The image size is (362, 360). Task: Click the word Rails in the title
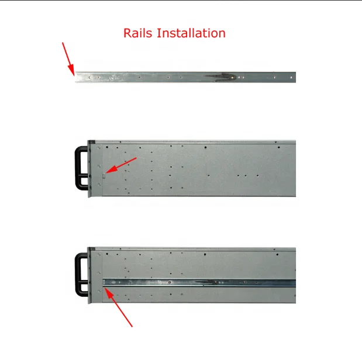point(138,33)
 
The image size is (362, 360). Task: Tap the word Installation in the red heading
point(191,33)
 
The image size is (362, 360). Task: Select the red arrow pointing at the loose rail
point(68,58)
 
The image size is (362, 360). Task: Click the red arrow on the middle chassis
point(120,165)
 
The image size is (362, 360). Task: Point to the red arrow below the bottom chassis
point(119,307)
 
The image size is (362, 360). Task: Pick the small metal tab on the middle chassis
point(104,176)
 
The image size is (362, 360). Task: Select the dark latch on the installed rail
point(206,282)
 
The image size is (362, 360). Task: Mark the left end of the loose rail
point(75,77)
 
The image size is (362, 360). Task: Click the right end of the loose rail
point(295,77)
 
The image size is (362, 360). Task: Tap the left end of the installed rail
point(104,282)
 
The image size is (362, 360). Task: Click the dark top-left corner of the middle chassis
point(91,142)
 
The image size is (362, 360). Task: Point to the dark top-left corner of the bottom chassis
point(91,249)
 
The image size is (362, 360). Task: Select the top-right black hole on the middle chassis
point(278,147)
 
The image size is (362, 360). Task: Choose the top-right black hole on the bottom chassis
point(277,255)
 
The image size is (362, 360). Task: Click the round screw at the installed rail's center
point(170,282)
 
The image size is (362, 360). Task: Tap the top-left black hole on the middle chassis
point(107,147)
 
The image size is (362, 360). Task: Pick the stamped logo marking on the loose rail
point(115,78)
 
